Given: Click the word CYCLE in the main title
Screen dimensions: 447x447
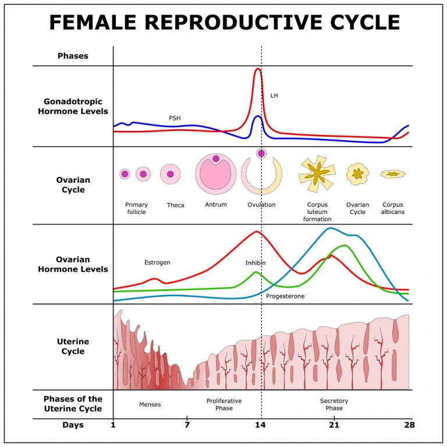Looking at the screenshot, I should [354, 22].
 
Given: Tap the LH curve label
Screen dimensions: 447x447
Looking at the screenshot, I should [274, 95].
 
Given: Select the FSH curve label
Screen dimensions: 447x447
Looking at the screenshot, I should [175, 118].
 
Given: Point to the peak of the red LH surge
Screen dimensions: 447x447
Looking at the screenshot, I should [258, 69].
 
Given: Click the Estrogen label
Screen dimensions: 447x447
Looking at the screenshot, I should [157, 262].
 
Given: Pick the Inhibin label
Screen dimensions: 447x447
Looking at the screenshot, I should [256, 263].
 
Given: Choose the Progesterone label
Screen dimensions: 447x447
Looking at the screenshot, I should [285, 296].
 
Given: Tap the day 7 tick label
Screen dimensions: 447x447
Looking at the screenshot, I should [187, 425].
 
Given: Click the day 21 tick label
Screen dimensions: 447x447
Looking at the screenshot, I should [334, 425].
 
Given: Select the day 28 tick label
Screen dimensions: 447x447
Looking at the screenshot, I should [409, 425].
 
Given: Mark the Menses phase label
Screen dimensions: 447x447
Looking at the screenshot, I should [150, 405].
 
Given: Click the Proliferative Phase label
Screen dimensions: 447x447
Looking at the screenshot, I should [224, 405].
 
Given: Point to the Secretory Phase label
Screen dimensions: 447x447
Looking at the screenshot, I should [334, 405].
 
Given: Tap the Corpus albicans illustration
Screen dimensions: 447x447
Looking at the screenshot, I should [393, 174].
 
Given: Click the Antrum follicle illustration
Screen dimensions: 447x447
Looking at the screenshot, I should [216, 173].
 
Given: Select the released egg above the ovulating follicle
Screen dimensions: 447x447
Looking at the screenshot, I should [261, 153].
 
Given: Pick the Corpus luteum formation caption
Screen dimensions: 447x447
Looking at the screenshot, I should [317, 212].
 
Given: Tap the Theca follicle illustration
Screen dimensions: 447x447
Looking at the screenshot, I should [171, 174].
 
